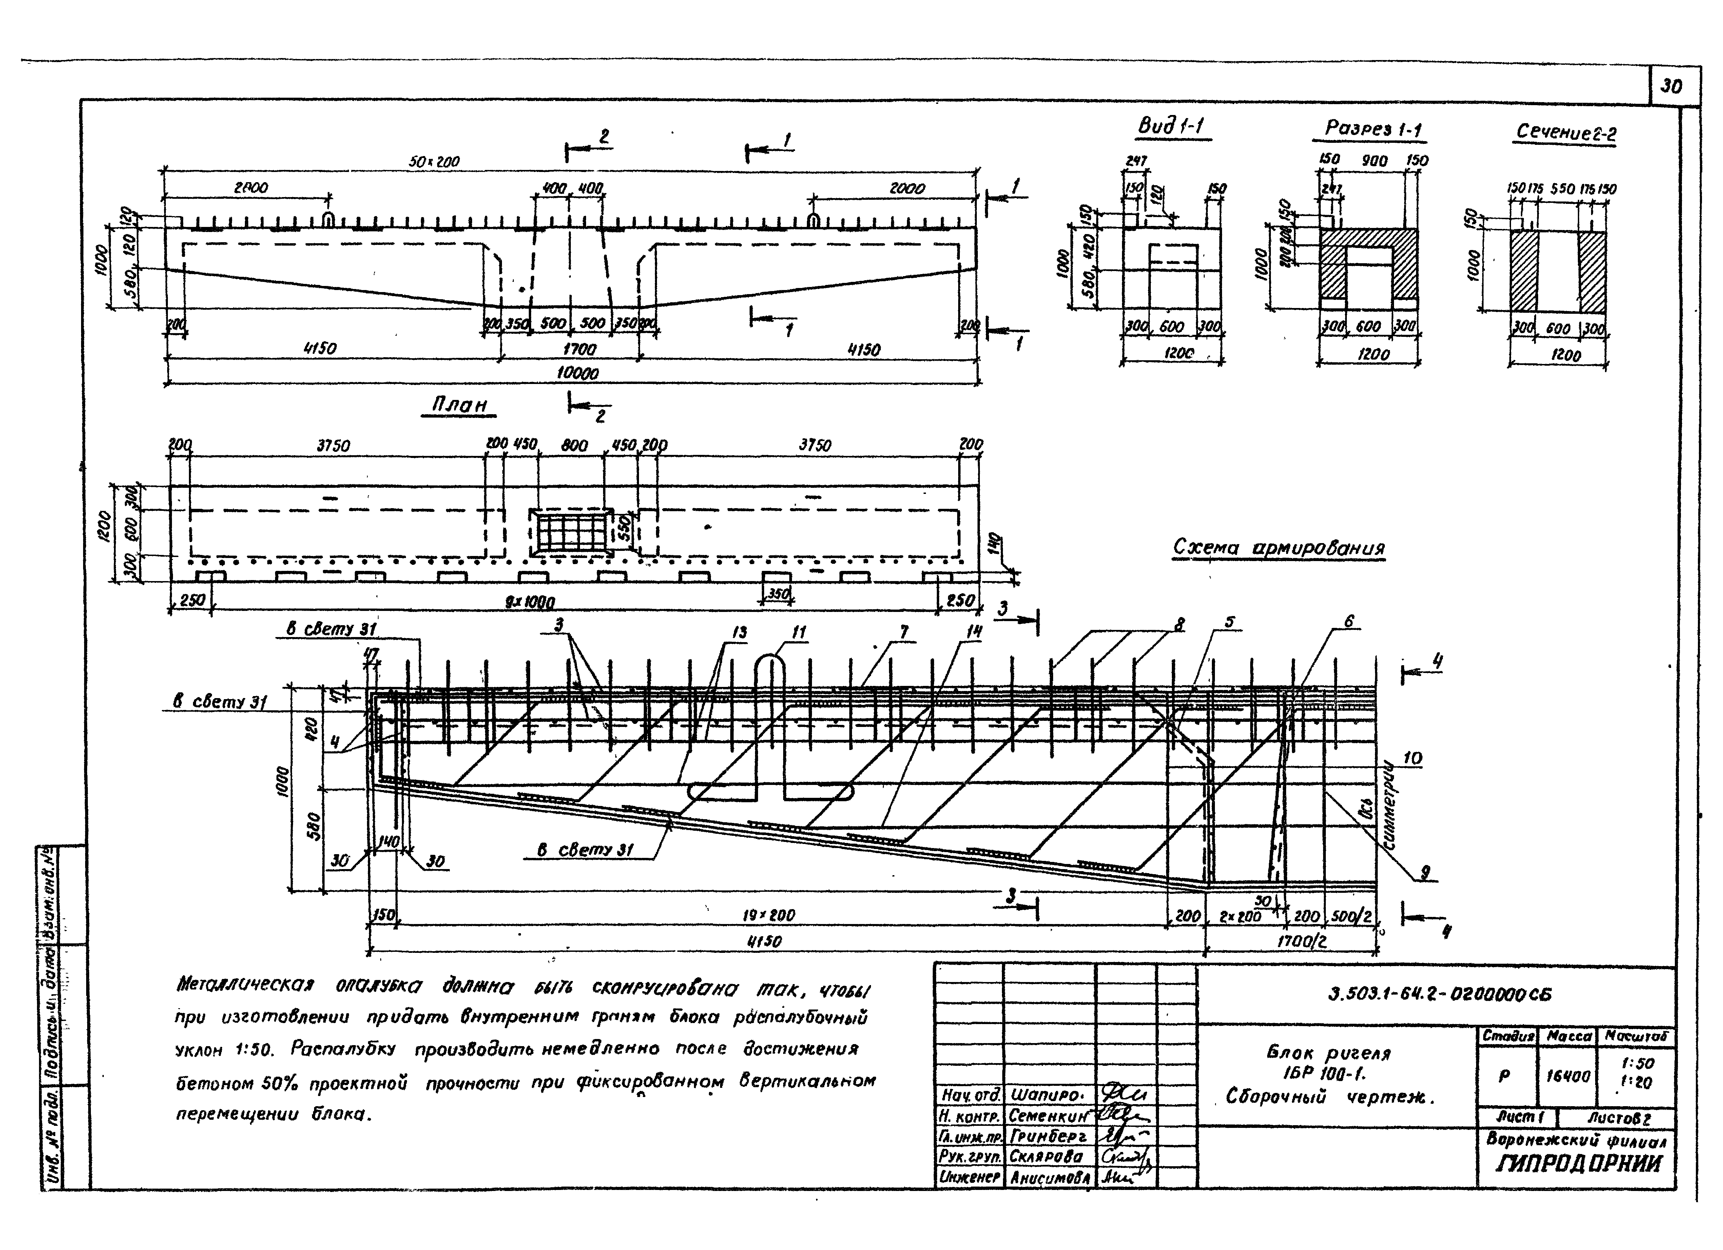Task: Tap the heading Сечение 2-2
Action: click(x=1565, y=133)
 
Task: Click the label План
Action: click(x=459, y=405)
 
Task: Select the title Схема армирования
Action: click(x=1279, y=548)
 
